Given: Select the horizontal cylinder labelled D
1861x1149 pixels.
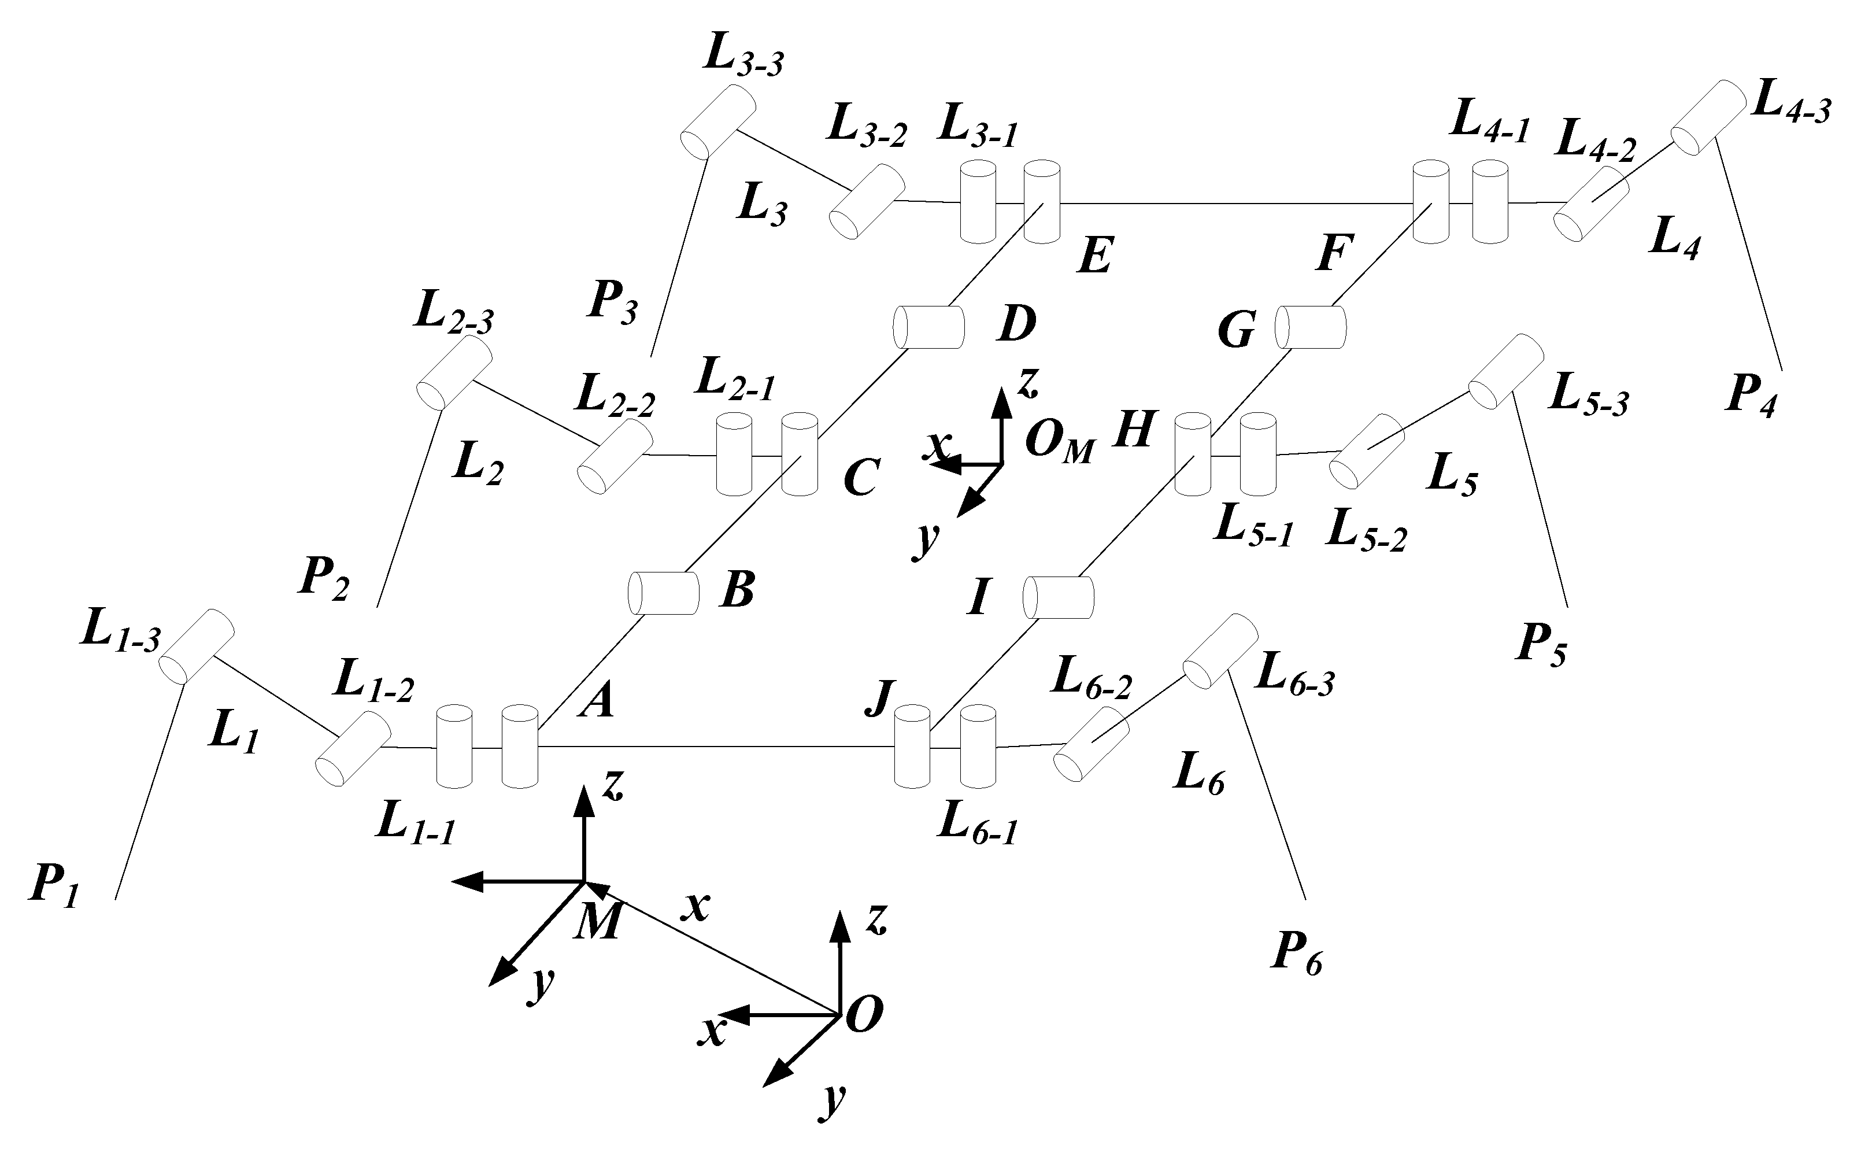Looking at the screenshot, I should pyautogui.click(x=928, y=327).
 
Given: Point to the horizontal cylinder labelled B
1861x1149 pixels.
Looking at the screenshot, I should pyautogui.click(x=663, y=593).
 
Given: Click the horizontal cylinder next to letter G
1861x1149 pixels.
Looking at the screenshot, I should pyautogui.click(x=1310, y=327).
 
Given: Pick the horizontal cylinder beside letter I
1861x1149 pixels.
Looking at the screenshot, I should pyautogui.click(x=1058, y=597).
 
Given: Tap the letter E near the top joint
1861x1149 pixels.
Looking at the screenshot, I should pyautogui.click(x=1096, y=256).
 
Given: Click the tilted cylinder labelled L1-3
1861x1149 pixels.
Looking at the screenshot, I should pyautogui.click(x=196, y=646).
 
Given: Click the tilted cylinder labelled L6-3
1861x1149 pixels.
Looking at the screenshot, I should pyautogui.click(x=1220, y=651).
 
